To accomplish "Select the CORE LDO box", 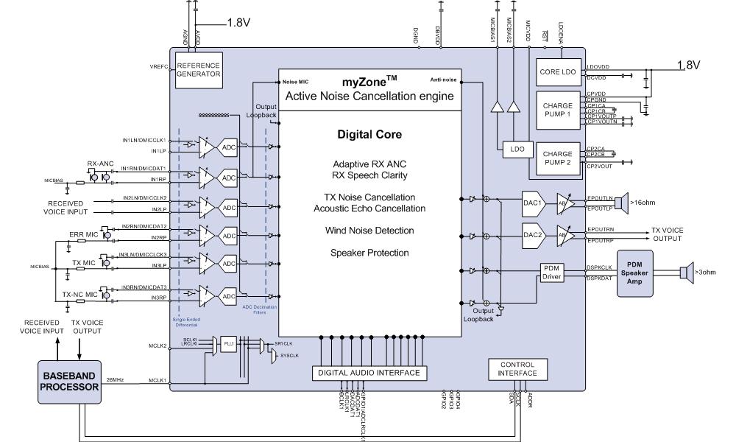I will tap(559, 71).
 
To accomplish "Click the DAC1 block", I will tap(533, 203).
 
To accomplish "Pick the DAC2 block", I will tap(533, 235).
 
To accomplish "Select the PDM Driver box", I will tap(552, 272).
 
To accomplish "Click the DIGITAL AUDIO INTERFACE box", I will tap(369, 373).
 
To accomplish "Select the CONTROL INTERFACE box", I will tap(517, 369).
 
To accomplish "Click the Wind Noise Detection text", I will tap(369, 231).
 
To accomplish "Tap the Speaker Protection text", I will tap(369, 253).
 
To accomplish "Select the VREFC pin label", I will tap(160, 66).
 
